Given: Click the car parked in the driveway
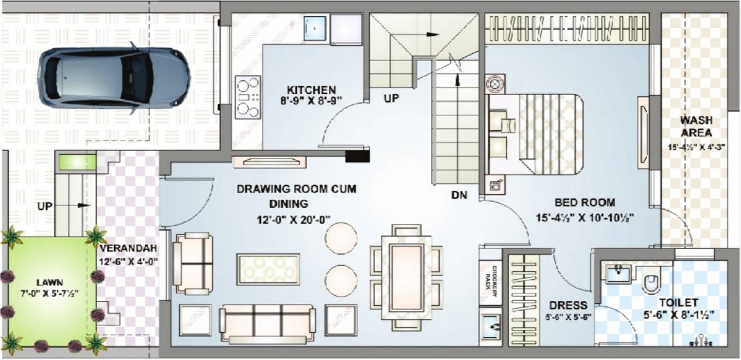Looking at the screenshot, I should [114, 77].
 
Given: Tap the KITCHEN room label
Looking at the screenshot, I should [311, 90].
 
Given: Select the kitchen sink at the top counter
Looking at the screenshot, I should [316, 28].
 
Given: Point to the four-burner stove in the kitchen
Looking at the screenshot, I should [248, 98].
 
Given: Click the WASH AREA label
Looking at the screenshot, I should [696, 126].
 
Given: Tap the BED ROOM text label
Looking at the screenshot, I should [585, 203].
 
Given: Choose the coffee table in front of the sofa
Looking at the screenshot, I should [268, 269].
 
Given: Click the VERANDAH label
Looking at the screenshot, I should [129, 248].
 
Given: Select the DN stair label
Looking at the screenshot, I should [459, 195].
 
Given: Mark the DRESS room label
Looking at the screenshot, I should [568, 305].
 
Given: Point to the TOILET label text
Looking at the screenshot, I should [678, 303].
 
